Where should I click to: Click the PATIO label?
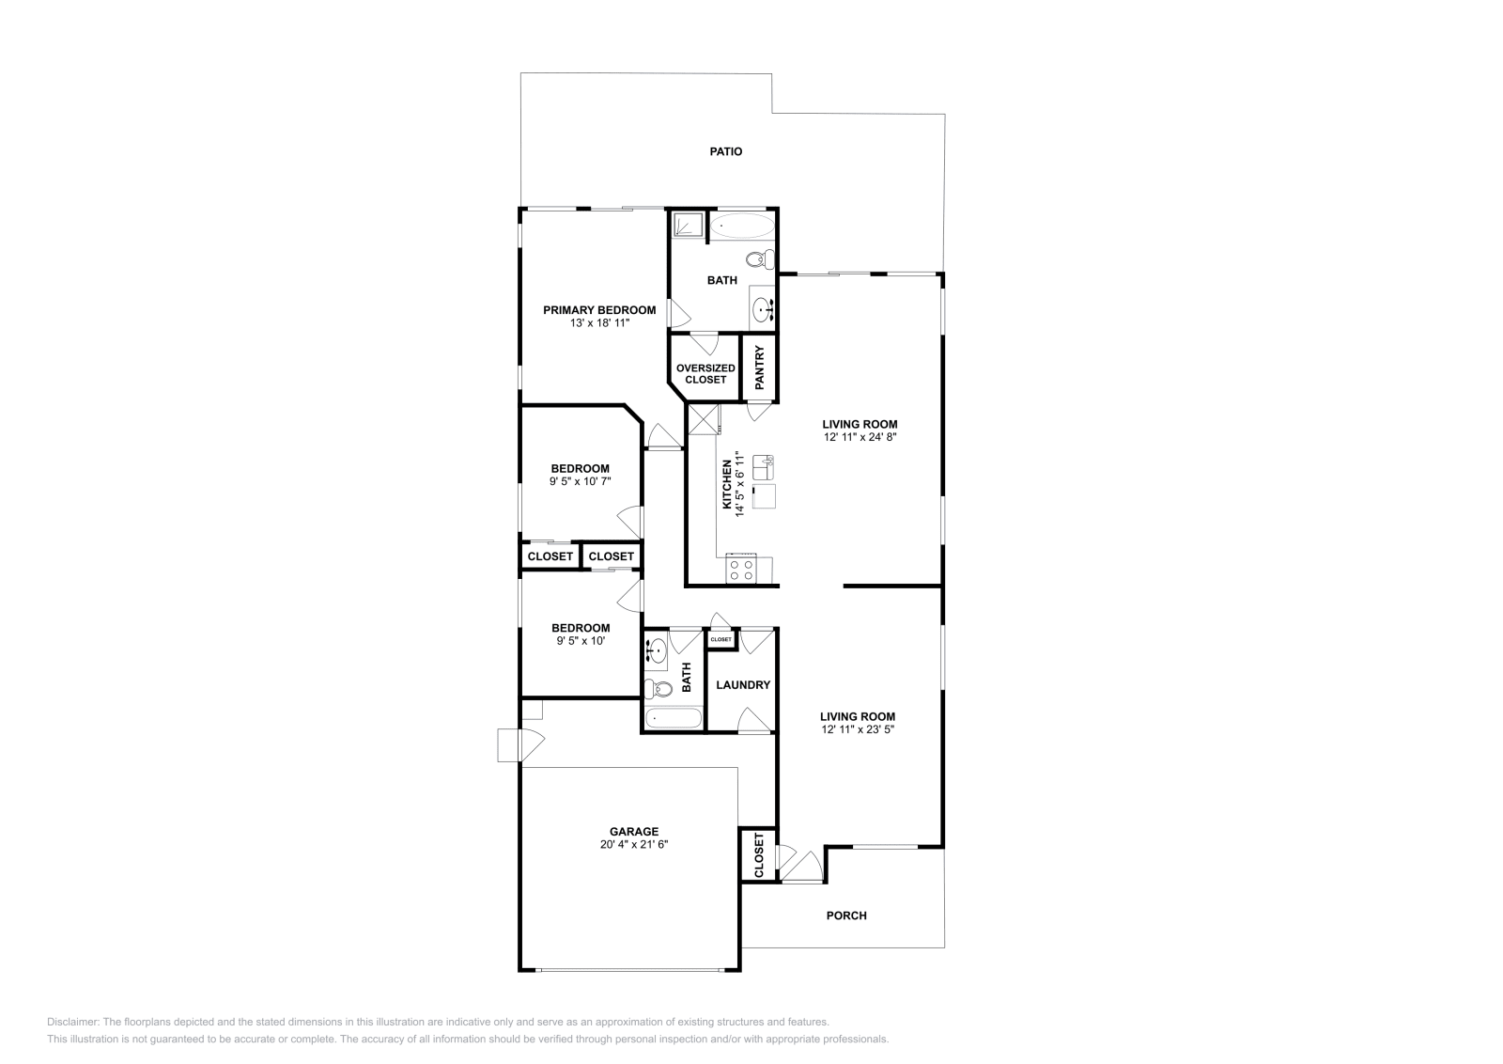point(725,151)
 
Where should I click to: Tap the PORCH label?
point(845,915)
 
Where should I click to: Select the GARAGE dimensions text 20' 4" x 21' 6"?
point(634,845)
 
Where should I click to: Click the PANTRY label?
point(760,368)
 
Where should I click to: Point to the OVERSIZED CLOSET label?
point(705,374)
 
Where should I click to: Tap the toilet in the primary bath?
point(759,258)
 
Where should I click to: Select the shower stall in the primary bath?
point(689,225)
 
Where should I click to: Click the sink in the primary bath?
point(764,307)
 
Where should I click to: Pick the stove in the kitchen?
point(741,569)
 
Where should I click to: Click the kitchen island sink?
point(763,464)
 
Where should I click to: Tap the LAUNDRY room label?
point(742,685)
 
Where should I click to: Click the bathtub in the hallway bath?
point(674,720)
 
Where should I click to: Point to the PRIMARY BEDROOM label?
point(599,310)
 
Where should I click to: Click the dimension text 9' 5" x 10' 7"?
point(580,481)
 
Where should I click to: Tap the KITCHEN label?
point(727,485)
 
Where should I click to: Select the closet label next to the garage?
point(759,855)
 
